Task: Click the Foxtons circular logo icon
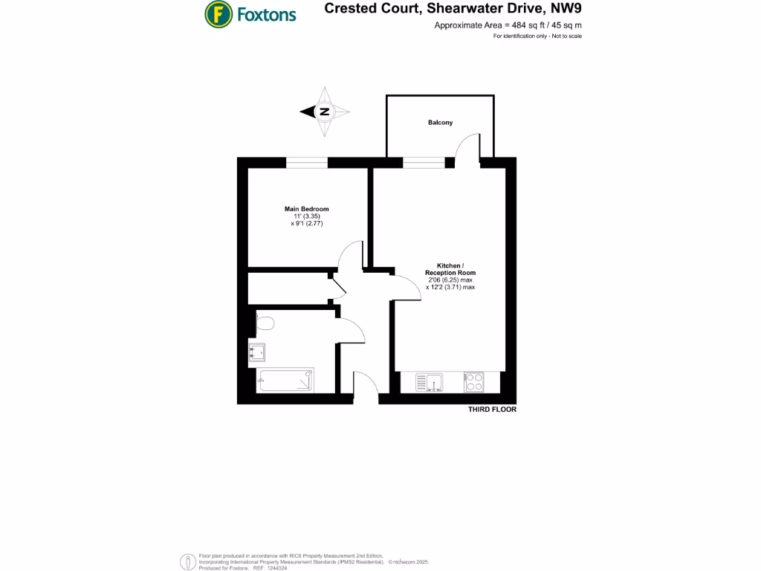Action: (x=218, y=13)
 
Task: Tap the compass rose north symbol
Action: (x=325, y=112)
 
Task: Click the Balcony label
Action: (x=440, y=123)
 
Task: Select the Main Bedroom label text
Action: (x=306, y=209)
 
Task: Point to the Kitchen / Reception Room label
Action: (x=450, y=269)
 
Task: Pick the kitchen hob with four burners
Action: (x=474, y=382)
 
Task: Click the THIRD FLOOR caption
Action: (x=492, y=410)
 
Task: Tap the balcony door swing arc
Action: (x=467, y=145)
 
